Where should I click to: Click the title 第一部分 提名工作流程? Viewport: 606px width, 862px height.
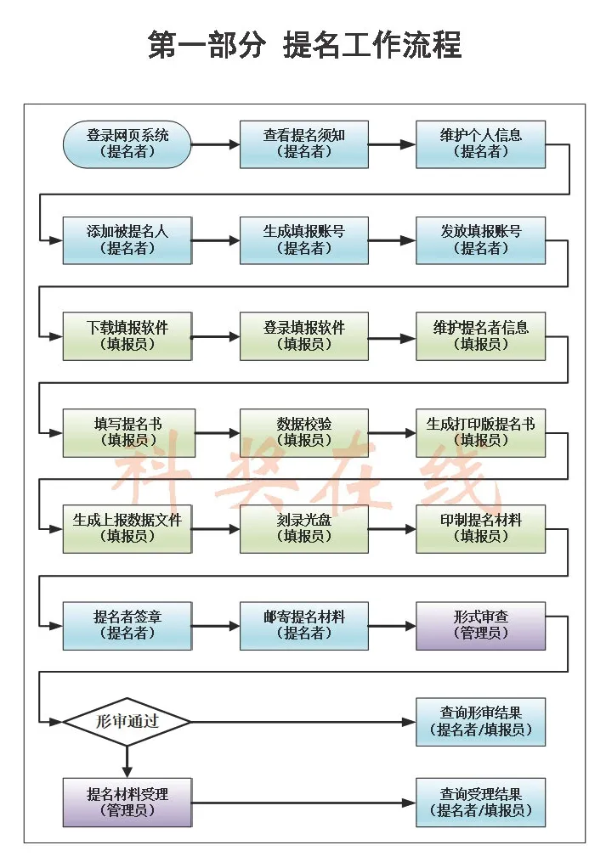[x=303, y=44]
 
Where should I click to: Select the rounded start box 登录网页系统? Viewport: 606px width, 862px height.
[x=127, y=144]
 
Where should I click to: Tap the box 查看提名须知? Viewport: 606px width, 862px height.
[x=303, y=144]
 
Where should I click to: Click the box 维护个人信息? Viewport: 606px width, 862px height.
[x=480, y=144]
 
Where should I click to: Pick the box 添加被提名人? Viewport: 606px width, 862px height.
[x=127, y=240]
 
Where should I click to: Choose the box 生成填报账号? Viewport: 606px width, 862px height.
[x=303, y=240]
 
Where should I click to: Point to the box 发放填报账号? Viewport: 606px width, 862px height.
[x=480, y=240]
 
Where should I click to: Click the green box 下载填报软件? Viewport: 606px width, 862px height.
[x=127, y=336]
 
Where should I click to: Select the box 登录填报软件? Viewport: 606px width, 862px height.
[x=303, y=336]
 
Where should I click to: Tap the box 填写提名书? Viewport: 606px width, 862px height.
[x=127, y=432]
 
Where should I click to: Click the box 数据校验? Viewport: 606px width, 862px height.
[x=303, y=432]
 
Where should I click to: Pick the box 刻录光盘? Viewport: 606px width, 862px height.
[x=303, y=528]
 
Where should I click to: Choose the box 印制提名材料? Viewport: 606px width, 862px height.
[x=480, y=528]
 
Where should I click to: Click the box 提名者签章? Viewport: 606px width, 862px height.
[x=127, y=625]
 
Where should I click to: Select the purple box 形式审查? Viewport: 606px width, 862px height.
[x=480, y=625]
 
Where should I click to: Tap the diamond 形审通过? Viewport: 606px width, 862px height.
[x=127, y=722]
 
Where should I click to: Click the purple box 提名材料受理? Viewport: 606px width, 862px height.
[x=127, y=802]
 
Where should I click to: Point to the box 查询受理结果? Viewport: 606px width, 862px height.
[x=480, y=802]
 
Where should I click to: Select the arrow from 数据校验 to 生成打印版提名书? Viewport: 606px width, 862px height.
[x=392, y=432]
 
